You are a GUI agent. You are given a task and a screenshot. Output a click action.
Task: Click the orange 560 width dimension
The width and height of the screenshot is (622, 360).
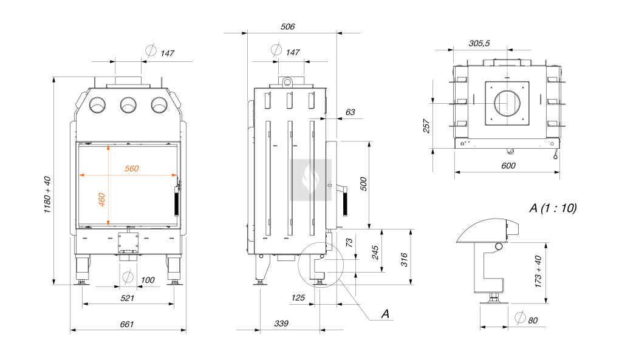tap(132, 169)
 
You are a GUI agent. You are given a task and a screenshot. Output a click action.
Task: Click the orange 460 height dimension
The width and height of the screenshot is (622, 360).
tap(102, 200)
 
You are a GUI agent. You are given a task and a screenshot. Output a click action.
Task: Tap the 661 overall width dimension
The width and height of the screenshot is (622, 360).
tap(126, 324)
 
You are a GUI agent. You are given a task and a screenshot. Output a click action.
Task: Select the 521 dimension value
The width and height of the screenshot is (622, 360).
tap(127, 298)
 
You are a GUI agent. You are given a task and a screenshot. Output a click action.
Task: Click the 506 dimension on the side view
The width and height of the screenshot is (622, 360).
tap(288, 27)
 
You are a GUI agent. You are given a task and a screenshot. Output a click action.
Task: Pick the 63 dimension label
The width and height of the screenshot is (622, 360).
tap(350, 112)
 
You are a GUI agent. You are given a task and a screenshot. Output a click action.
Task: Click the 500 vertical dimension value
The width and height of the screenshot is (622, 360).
tap(363, 185)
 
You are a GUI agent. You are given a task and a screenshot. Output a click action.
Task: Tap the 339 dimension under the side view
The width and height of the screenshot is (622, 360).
tap(281, 324)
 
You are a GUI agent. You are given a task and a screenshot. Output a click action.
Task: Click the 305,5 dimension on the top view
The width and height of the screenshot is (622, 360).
tap(479, 43)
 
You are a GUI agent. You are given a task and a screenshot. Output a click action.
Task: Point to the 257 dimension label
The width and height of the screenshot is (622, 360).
tap(426, 126)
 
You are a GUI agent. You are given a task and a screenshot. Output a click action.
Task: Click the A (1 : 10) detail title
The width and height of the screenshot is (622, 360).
tap(553, 208)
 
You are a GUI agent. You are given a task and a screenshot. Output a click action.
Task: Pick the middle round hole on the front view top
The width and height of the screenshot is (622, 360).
tap(128, 106)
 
